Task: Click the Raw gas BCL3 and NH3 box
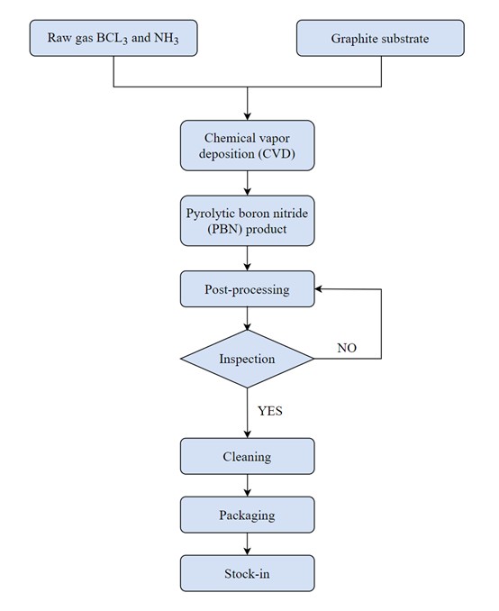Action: coord(113,38)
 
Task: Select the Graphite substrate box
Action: coord(380,38)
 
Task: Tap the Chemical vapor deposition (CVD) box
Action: coord(247,145)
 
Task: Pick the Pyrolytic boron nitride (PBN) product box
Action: coord(247,221)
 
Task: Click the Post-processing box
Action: coord(247,289)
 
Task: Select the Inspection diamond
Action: coord(247,359)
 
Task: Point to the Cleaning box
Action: coord(247,456)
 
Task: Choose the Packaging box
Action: coord(247,515)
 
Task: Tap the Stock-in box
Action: coord(247,573)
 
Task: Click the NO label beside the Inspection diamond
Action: coord(347,348)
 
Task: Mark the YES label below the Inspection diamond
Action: coord(270,411)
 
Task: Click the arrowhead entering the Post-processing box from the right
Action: coord(318,289)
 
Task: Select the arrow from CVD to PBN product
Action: coord(248,183)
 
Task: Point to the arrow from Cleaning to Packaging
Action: coord(248,486)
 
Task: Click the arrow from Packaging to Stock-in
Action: coord(248,544)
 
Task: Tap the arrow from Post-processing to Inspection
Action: coord(248,319)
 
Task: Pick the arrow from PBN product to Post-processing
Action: coord(248,259)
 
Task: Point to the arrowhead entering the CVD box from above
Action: coord(248,116)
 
